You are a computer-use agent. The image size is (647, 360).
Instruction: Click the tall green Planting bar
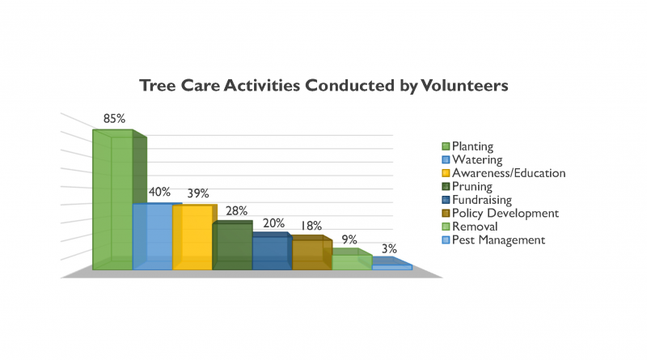point(112,200)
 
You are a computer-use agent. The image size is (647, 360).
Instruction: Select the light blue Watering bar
point(153,236)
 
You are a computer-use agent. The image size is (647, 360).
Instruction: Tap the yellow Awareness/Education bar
point(192,237)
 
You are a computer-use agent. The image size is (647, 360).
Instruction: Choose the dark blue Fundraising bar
point(273,251)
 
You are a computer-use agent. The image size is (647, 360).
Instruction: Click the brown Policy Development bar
point(312,252)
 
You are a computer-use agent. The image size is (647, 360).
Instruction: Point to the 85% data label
point(114,119)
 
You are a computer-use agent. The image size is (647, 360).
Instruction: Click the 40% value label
point(159,192)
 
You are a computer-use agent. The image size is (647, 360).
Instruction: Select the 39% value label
point(198,193)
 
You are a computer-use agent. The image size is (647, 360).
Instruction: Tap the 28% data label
point(236,211)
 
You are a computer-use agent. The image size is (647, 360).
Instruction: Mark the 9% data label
point(349,239)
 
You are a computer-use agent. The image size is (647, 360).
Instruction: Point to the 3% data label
point(389,249)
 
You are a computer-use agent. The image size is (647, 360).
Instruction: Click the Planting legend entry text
point(472,146)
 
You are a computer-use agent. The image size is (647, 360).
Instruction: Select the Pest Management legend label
point(498,240)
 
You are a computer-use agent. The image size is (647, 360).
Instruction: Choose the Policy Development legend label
point(505,214)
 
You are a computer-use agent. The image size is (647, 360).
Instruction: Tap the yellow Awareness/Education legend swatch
point(446,173)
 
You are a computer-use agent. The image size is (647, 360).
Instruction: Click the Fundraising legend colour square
point(446,200)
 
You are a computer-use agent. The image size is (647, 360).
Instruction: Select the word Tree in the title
point(158,86)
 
